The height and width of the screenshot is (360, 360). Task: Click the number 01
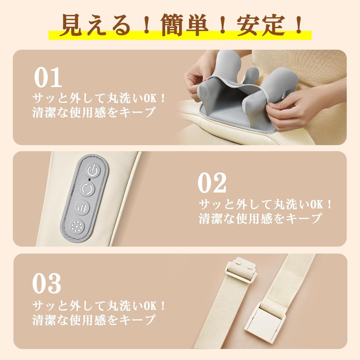coord(48,78)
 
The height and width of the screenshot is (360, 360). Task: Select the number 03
coord(47,284)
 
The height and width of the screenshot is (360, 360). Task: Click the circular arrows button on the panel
coord(86,189)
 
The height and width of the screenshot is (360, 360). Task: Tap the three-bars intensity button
coord(82,207)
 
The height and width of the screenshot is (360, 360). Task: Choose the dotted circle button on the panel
coord(77,226)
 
